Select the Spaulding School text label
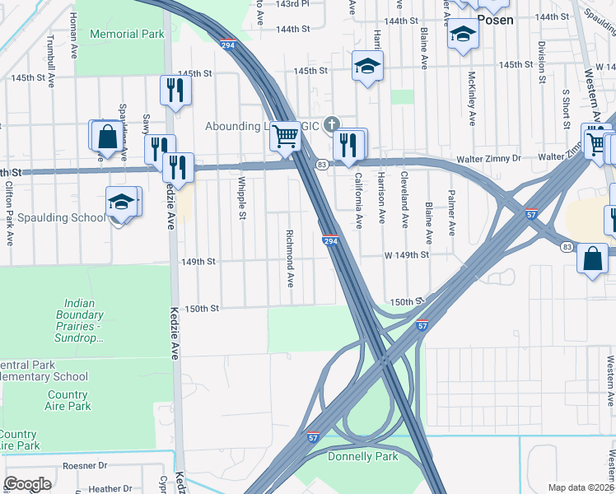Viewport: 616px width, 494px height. coord(63,218)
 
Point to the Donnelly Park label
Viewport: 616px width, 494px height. coord(362,456)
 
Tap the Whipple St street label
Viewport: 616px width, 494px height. coord(242,198)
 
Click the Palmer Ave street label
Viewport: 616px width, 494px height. coord(451,213)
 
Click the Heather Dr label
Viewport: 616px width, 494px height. coord(105,488)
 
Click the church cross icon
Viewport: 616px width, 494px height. coord(331,123)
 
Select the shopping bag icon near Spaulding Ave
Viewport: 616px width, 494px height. coord(107,137)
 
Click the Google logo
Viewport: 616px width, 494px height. coord(28,483)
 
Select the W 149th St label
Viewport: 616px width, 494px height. coord(406,255)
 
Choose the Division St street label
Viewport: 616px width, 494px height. coord(541,63)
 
